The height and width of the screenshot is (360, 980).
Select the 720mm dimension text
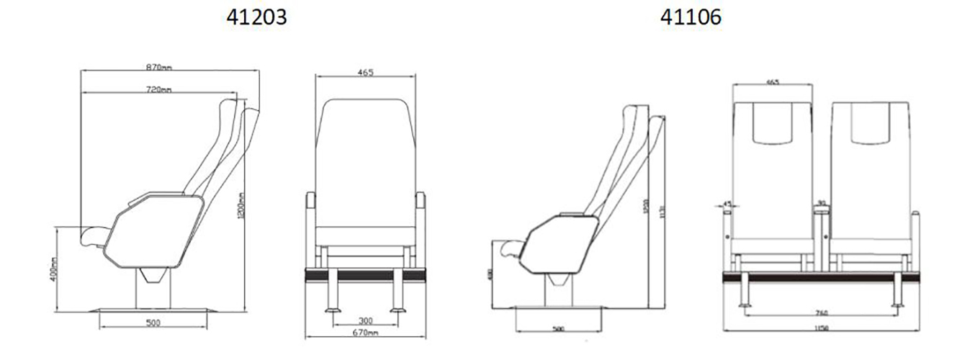pos(158,89)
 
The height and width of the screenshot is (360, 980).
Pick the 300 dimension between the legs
pos(364,320)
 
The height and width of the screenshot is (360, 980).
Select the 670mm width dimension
pos(365,333)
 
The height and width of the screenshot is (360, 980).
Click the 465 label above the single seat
pos(365,73)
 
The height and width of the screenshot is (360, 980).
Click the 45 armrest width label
pos(727,204)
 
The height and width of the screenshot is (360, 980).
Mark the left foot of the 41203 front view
pos(333,310)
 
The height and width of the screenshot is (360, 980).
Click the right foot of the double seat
pos(897,302)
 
